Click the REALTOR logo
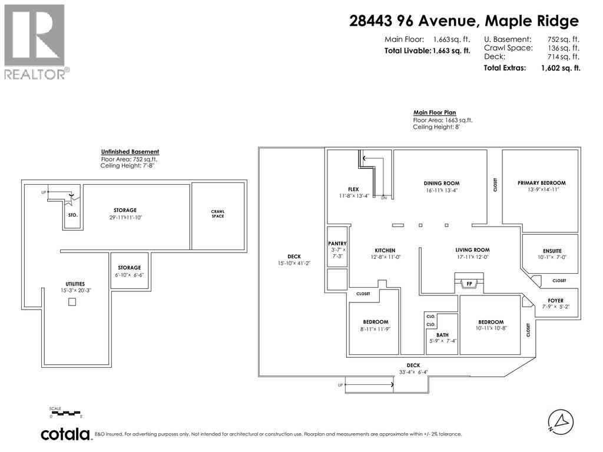pos(35,41)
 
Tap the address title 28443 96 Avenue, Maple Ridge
pos(464,21)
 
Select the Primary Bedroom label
pos(541,183)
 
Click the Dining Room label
pos(441,183)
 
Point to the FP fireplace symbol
pos(469,284)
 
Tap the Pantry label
pos(337,244)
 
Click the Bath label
pos(442,334)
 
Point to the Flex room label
pos(353,189)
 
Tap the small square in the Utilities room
pos(72,302)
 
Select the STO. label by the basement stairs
pos(73,215)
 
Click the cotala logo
pos(65,434)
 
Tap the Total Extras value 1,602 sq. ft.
pos(560,68)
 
